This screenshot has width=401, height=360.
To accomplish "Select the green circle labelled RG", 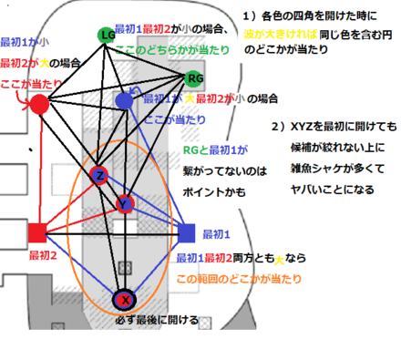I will [x=194, y=78].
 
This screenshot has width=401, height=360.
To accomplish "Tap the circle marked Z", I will [x=100, y=174].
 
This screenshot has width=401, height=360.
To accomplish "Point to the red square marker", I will [x=37, y=231].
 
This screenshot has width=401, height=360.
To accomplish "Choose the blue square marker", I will [x=188, y=231].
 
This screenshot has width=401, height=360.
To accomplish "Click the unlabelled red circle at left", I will [x=38, y=104].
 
